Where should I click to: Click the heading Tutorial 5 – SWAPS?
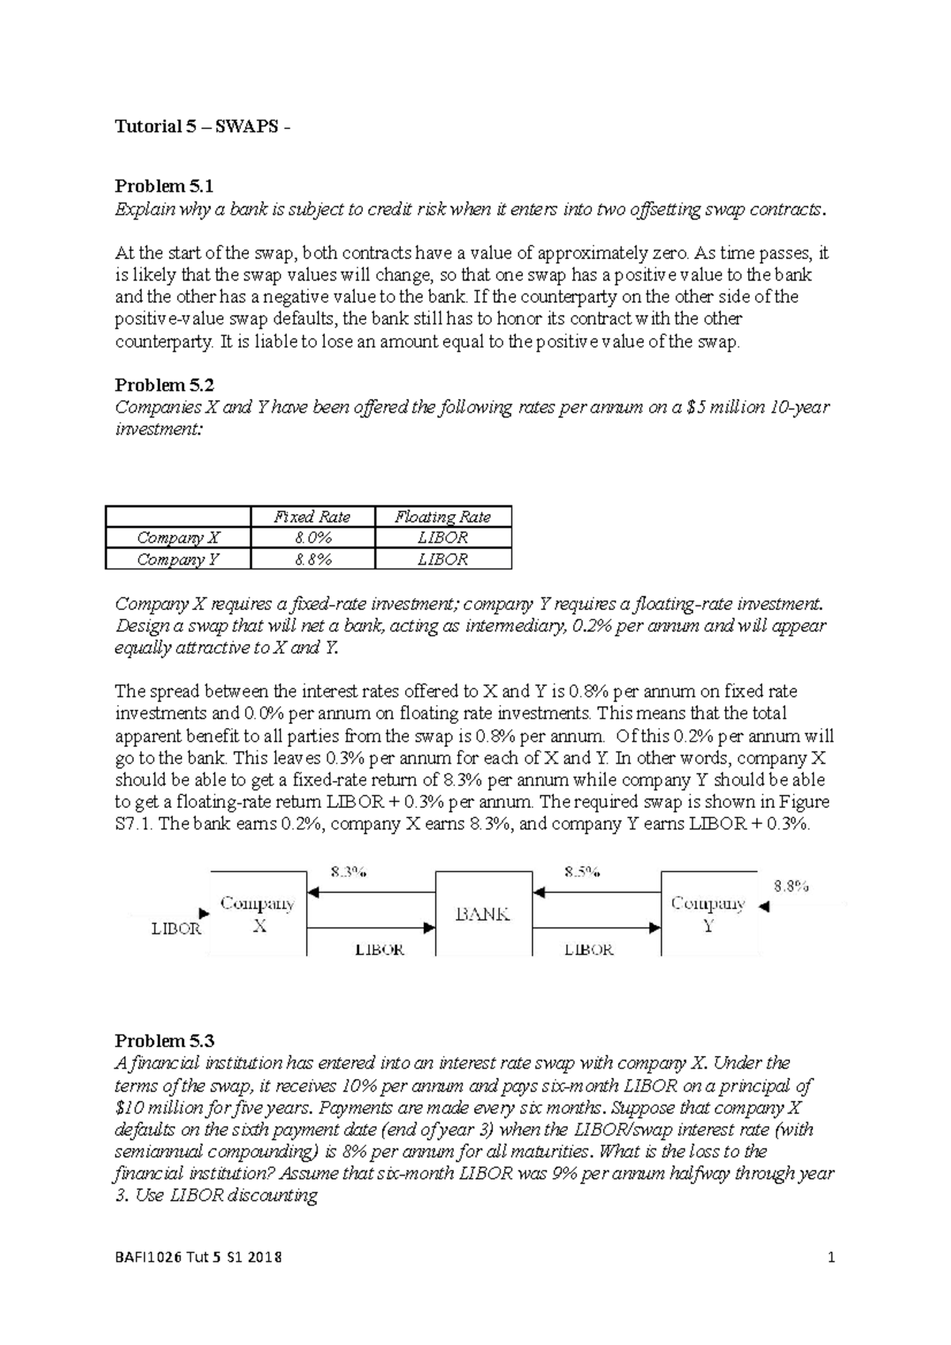click(x=202, y=127)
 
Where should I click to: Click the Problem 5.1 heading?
click(x=164, y=186)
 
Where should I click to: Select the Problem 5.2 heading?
click(x=164, y=385)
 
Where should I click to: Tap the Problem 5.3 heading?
click(x=164, y=1040)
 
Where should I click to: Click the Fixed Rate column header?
click(x=311, y=516)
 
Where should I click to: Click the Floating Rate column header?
click(x=442, y=516)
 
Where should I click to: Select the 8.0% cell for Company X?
click(x=311, y=537)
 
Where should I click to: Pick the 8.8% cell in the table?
click(x=311, y=559)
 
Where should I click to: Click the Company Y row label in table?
click(x=178, y=559)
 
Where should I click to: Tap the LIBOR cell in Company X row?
click(x=442, y=537)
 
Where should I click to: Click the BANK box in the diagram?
click(x=482, y=913)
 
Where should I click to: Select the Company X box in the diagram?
click(x=258, y=913)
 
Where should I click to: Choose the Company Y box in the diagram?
click(x=708, y=913)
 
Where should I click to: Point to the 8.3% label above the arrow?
click(x=348, y=872)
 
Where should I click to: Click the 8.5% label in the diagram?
click(x=582, y=872)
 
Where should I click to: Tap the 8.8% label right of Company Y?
click(x=791, y=886)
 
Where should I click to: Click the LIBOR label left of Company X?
click(x=176, y=928)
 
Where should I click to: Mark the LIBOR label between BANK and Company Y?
click(x=588, y=949)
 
